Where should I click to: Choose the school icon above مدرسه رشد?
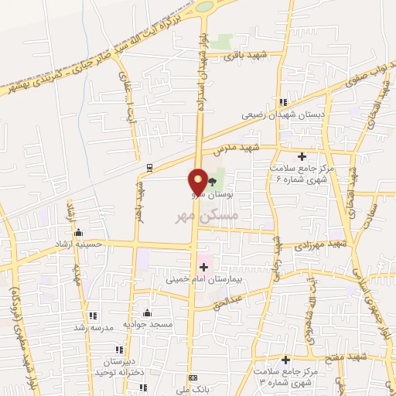(93, 316)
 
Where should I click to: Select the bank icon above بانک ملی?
(193, 377)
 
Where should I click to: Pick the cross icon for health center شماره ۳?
(286, 360)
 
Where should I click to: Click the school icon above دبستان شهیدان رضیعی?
(284, 102)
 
